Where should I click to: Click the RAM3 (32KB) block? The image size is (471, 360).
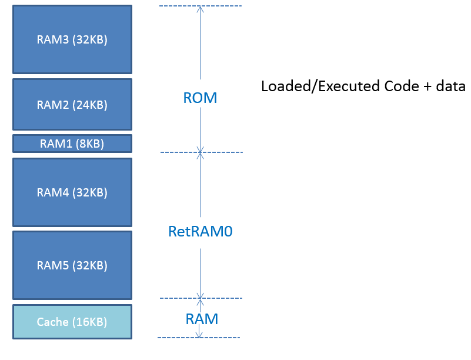tap(72, 39)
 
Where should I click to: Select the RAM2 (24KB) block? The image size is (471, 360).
tap(72, 105)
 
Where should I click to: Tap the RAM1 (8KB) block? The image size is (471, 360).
tap(72, 144)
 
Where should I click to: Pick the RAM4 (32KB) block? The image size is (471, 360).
tap(72, 192)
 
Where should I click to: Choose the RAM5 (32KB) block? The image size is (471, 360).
tap(72, 265)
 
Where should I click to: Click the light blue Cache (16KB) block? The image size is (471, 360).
tap(72, 322)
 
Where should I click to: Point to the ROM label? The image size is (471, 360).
tap(200, 98)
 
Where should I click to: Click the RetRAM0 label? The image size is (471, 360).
tap(201, 231)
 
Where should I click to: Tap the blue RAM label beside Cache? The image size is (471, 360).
tap(202, 319)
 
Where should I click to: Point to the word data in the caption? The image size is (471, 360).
tap(450, 86)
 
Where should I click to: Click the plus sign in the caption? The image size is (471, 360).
tap(427, 87)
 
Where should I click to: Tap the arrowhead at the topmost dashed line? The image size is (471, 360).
tap(201, 9)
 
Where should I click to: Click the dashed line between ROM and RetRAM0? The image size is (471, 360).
tap(202, 152)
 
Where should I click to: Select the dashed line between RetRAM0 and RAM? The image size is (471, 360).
tap(201, 298)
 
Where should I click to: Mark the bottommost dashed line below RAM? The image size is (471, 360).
tap(199, 338)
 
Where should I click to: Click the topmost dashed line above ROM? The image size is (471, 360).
tap(201, 6)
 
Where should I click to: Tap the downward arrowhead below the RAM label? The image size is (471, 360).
tap(199, 334)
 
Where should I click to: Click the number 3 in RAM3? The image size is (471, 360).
tap(65, 39)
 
